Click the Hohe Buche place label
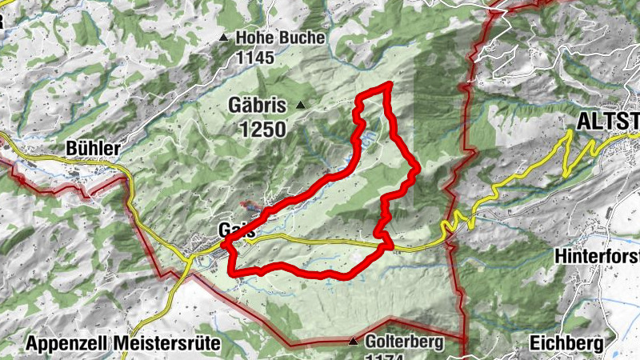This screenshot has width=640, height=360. (x=280, y=38)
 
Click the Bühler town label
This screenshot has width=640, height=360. (x=94, y=149)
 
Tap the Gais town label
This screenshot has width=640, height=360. (x=237, y=230)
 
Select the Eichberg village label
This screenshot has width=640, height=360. (x=566, y=343)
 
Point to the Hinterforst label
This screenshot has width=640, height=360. (x=596, y=257)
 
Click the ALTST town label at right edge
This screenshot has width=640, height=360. (x=609, y=120)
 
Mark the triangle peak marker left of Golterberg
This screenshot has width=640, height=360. (x=354, y=342)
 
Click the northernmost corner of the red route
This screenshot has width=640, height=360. (x=388, y=84)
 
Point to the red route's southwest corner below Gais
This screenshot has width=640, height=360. (x=234, y=273)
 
